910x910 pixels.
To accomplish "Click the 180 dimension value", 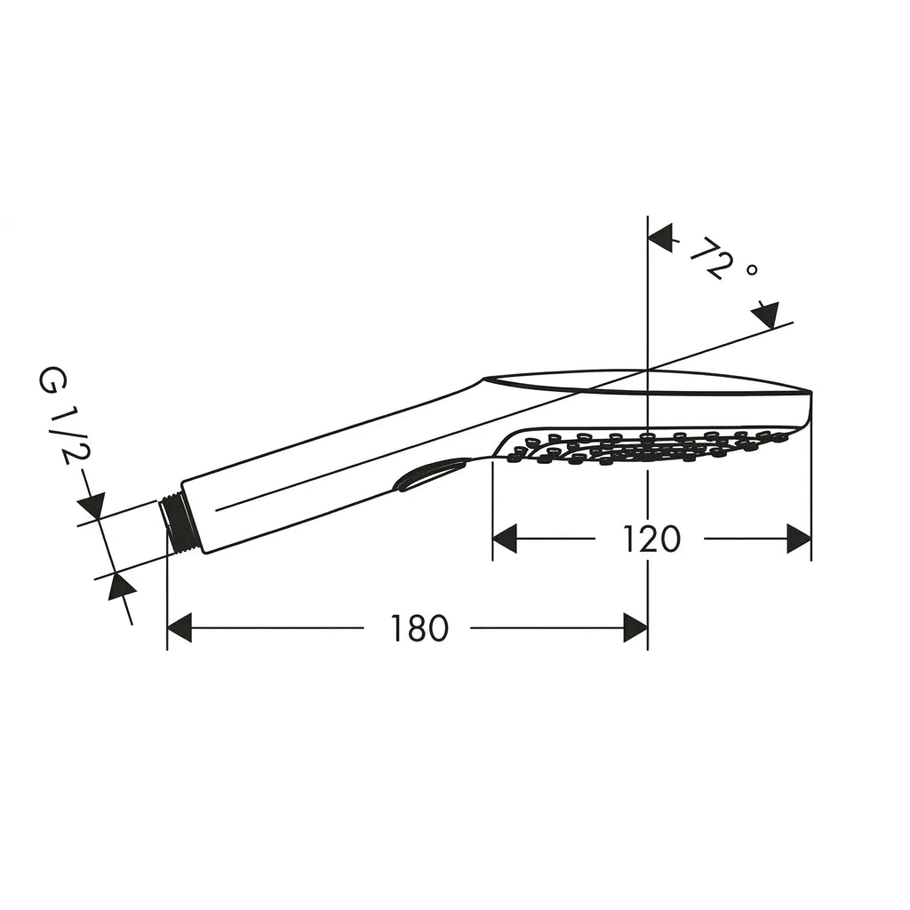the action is [x=420, y=628].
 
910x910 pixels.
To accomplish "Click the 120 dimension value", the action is [x=651, y=539].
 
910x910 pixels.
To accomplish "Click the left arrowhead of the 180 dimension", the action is [x=180, y=627].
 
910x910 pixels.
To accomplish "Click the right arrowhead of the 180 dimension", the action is [x=635, y=627].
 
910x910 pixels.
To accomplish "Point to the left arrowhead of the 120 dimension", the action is [x=505, y=539].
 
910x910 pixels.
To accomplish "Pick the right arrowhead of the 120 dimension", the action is [x=799, y=539].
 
